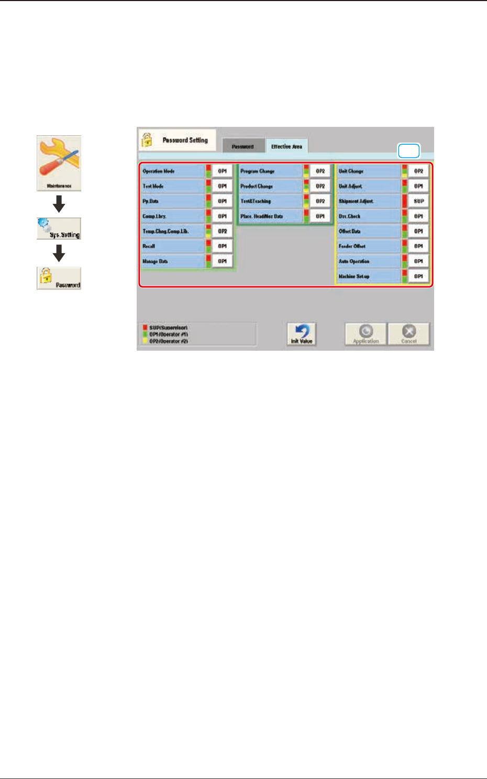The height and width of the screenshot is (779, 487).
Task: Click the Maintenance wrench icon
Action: click(59, 163)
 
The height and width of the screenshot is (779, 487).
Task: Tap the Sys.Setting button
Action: click(59, 229)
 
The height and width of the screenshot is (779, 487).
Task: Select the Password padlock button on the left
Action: click(59, 278)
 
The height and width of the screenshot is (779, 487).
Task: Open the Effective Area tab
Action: click(286, 147)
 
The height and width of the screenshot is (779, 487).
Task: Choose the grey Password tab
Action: click(242, 147)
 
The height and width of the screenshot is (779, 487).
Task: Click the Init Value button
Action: click(302, 334)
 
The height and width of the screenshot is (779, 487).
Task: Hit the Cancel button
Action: click(408, 334)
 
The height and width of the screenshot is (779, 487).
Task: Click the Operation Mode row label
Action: click(172, 171)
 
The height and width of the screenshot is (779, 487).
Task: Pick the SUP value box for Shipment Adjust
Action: click(418, 201)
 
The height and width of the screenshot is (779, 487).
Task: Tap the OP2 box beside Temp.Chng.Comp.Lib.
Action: click(222, 231)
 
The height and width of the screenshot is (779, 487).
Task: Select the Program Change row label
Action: click(270, 171)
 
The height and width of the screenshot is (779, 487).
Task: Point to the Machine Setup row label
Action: click(368, 276)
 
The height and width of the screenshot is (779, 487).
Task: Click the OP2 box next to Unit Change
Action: click(418, 171)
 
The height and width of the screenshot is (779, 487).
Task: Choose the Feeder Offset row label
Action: click(368, 246)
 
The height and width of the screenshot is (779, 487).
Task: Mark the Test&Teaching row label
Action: click(270, 201)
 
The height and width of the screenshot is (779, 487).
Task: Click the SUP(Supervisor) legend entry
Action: click(168, 328)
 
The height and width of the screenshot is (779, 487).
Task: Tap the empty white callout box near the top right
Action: click(409, 151)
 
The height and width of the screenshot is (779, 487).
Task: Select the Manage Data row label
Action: click(172, 261)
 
